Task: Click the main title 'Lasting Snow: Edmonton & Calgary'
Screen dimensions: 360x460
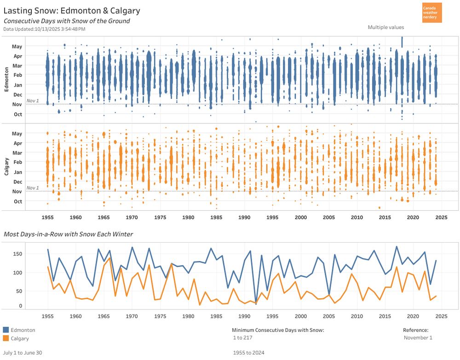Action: (x=72, y=11)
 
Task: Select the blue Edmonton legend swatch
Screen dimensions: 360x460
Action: (x=6, y=330)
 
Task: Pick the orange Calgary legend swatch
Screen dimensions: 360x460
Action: (x=6, y=338)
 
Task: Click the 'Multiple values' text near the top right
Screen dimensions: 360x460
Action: (x=385, y=28)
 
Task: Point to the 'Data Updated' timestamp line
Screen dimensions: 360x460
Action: (x=44, y=29)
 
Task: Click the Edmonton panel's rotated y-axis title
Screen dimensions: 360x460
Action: (x=6, y=79)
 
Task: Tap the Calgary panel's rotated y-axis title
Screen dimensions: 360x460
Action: (x=6, y=167)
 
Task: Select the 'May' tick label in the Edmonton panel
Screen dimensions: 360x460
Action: (x=17, y=46)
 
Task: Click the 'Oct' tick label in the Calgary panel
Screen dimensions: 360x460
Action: (x=17, y=202)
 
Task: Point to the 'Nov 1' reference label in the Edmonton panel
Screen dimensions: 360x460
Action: (x=33, y=100)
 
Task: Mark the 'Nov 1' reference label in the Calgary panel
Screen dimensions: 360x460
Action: (x=33, y=188)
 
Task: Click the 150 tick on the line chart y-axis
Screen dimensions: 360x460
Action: (x=17, y=254)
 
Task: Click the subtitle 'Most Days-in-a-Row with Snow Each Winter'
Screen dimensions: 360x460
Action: (x=68, y=234)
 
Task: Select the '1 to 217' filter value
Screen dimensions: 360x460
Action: (x=243, y=338)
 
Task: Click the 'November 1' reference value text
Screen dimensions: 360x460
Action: (x=418, y=338)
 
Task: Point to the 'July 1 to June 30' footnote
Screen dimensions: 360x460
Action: (x=23, y=353)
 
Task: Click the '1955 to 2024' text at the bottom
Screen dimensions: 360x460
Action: (x=249, y=353)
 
